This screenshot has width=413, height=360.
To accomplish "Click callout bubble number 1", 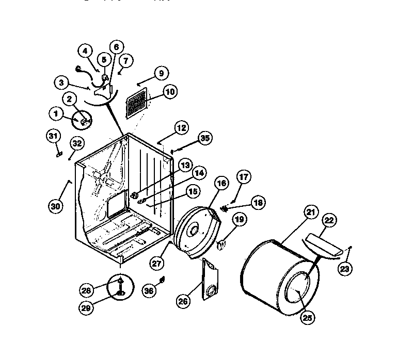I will [55, 112].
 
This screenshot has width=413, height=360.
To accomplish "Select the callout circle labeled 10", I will [170, 92].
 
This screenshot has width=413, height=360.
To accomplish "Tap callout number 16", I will [221, 183].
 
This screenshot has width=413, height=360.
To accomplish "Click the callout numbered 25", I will [308, 318].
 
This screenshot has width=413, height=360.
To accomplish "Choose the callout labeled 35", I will [205, 138].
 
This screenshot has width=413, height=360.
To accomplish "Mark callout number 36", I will [149, 291].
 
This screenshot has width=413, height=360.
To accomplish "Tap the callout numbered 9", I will [161, 74].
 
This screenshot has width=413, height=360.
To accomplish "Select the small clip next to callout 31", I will [58, 153].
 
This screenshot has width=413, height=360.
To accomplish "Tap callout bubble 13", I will [184, 166].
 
